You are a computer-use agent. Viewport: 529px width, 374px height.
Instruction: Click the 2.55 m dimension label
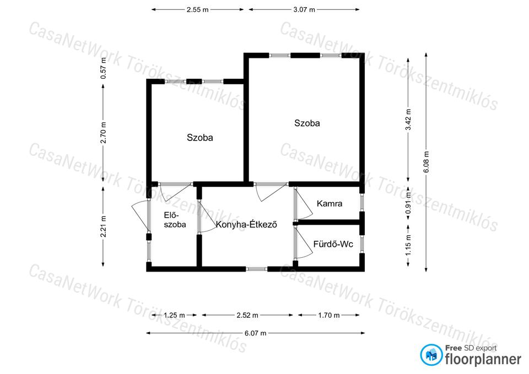198,10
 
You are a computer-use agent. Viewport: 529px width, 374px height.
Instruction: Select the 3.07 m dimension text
304,10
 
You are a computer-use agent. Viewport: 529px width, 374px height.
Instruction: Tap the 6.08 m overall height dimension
426,162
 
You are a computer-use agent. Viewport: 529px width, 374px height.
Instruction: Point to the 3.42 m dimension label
408,120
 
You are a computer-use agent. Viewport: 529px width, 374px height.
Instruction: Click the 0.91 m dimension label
408,203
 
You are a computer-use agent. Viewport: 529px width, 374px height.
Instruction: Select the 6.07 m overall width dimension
255,333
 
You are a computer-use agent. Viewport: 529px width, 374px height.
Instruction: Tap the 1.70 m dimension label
328,315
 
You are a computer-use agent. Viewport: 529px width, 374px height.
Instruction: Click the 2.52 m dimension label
247,315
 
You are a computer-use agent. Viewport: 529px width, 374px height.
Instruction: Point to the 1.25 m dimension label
174,315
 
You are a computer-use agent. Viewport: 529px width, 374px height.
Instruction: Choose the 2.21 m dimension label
103,226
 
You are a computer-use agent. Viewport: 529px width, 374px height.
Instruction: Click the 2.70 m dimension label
103,133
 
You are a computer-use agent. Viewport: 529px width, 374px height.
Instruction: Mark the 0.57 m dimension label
103,68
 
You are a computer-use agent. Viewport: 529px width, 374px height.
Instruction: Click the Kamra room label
330,203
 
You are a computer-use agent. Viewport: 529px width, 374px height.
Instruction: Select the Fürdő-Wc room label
333,244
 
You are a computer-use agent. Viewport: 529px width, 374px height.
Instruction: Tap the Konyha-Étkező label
246,224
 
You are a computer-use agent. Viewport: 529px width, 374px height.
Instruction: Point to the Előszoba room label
175,220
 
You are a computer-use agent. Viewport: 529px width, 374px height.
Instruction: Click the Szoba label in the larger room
307,123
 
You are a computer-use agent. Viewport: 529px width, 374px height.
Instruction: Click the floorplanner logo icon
431,355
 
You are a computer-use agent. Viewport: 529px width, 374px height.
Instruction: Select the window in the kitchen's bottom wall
256,269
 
